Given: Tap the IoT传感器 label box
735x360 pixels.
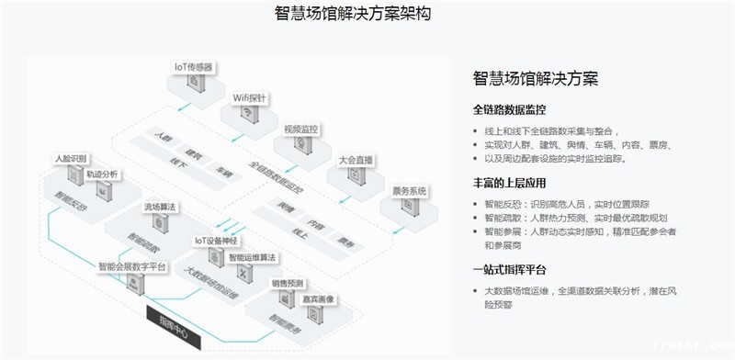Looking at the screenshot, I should (194, 67).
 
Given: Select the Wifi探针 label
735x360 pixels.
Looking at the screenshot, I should (249, 96).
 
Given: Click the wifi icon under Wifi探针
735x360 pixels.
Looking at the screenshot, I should (248, 113).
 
